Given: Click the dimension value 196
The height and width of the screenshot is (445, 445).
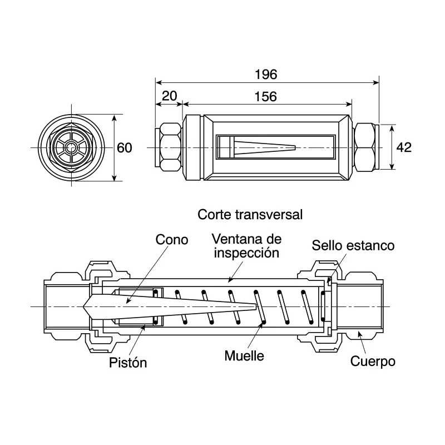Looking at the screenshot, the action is [x=266, y=75].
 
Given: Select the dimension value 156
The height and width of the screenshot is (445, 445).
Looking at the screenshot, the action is [x=266, y=96].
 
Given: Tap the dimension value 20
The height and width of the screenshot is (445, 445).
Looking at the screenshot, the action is [x=170, y=96].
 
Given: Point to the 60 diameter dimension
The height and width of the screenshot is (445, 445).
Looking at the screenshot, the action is [x=125, y=148].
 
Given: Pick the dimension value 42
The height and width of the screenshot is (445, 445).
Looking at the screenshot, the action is [x=404, y=147].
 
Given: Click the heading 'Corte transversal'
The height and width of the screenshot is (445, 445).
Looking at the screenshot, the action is [x=250, y=215].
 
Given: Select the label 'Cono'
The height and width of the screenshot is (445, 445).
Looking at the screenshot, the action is [x=172, y=240].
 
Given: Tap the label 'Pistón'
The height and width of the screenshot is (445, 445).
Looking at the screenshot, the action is [x=128, y=363].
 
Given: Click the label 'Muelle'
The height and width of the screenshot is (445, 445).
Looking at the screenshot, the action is [x=244, y=355].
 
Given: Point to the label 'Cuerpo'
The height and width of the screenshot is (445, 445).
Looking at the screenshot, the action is [x=373, y=361].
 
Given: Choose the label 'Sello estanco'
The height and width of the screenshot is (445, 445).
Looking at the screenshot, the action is [x=353, y=245].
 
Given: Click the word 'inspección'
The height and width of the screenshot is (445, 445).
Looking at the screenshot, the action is [x=246, y=253].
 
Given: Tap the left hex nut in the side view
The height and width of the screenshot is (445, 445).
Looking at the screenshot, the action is [x=170, y=147].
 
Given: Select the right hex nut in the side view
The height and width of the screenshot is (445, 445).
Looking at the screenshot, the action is [x=365, y=147].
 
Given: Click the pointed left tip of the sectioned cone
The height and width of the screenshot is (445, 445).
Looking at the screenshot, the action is [x=83, y=306].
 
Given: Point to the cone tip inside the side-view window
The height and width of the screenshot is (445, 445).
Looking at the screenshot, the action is [x=295, y=147].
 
